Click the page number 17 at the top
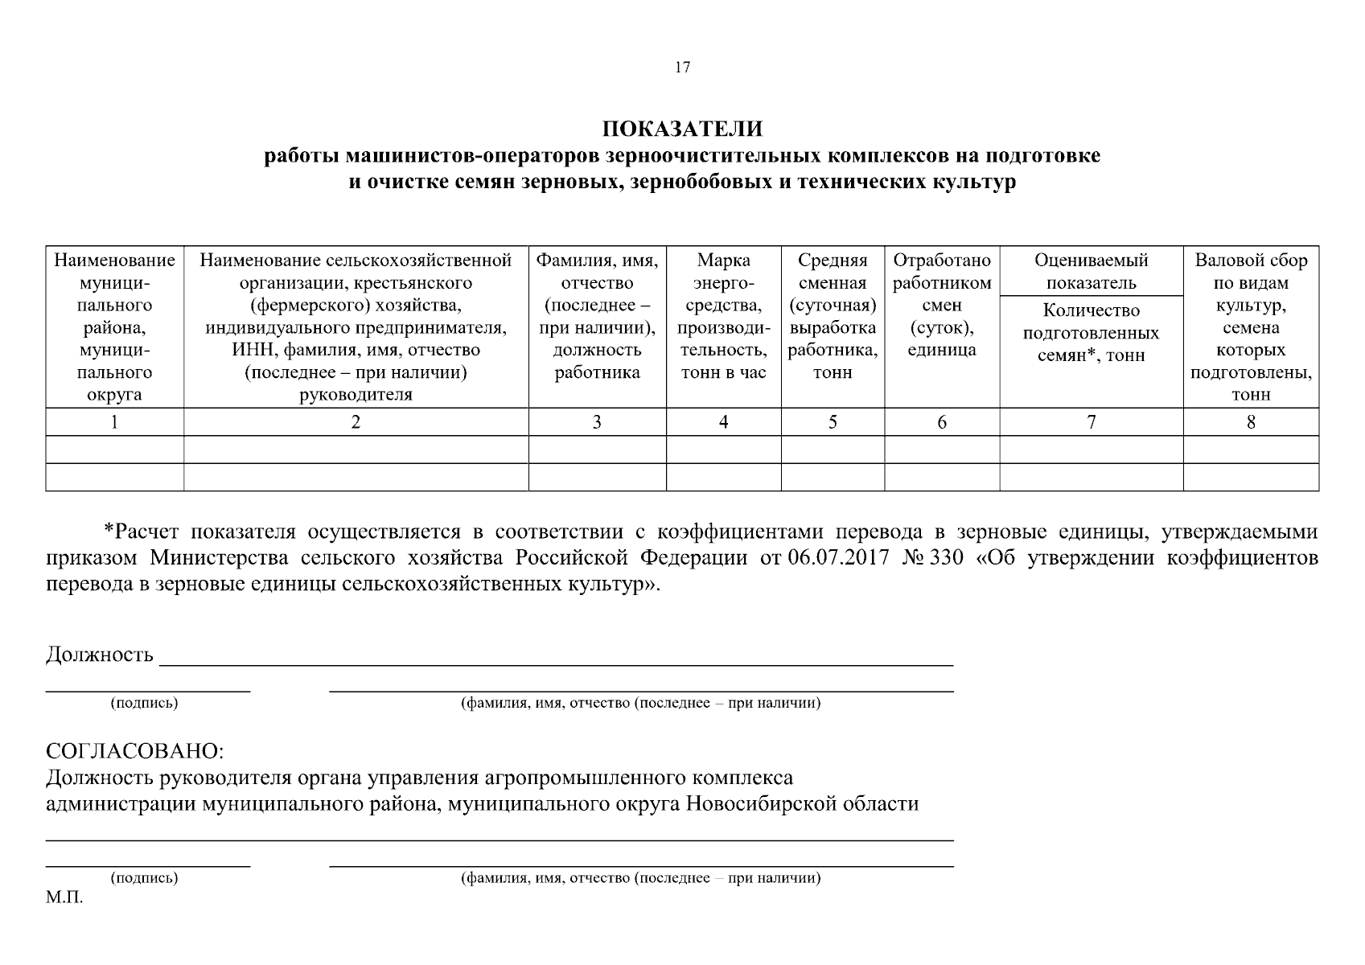click(682, 68)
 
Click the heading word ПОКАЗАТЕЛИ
click(682, 129)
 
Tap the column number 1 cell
click(114, 422)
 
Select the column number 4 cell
click(723, 422)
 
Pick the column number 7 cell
click(1091, 422)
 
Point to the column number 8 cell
click(1251, 422)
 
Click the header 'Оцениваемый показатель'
click(1091, 272)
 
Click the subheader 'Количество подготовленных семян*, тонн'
click(1091, 333)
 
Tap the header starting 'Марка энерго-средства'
click(723, 316)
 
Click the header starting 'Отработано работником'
click(942, 305)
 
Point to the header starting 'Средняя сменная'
click(833, 316)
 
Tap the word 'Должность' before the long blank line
click(99, 655)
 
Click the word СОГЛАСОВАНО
click(134, 751)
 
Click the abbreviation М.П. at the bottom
click(64, 898)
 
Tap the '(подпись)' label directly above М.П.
click(144, 878)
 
